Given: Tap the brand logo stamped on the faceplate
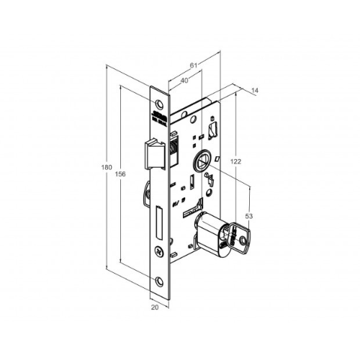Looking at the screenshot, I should tap(159, 115).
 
